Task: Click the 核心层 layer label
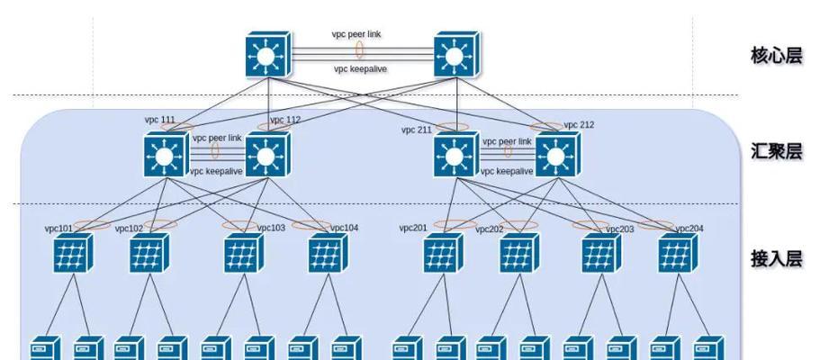776,56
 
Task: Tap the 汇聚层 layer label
776,151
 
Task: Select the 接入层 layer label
776,258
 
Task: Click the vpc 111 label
159,120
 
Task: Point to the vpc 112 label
285,120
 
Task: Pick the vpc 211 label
417,130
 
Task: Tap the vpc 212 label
579,125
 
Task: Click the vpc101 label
59,229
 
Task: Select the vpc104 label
344,228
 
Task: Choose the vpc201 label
413,228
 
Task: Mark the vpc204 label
689,229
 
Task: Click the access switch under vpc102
149,253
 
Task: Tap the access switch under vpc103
244,253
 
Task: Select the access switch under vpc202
519,253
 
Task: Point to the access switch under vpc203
601,253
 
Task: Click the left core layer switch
268,54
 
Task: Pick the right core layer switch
456,54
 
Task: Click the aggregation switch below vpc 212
558,154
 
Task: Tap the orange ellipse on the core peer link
359,49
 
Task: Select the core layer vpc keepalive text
360,68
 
